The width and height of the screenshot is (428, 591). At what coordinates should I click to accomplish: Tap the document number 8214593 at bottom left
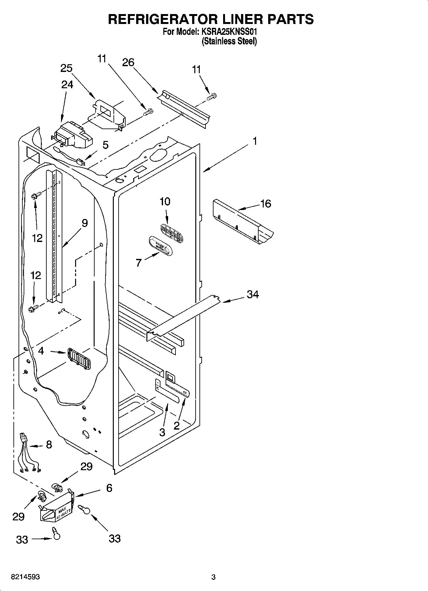tap(26, 577)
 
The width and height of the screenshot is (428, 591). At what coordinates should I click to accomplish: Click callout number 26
tap(128, 62)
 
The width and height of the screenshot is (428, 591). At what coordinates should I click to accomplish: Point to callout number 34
tap(253, 294)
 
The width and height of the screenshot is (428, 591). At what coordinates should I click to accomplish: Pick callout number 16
tap(266, 204)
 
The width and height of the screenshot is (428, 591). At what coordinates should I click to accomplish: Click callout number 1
tap(255, 141)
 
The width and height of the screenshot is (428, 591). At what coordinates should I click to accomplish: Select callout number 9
tap(84, 223)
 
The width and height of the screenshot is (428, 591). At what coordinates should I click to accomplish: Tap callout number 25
tap(66, 68)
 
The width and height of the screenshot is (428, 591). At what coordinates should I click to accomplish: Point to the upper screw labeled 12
tap(35, 196)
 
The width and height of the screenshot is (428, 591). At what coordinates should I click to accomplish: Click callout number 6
tap(109, 488)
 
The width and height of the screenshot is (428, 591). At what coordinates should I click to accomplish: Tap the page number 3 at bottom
tap(214, 577)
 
